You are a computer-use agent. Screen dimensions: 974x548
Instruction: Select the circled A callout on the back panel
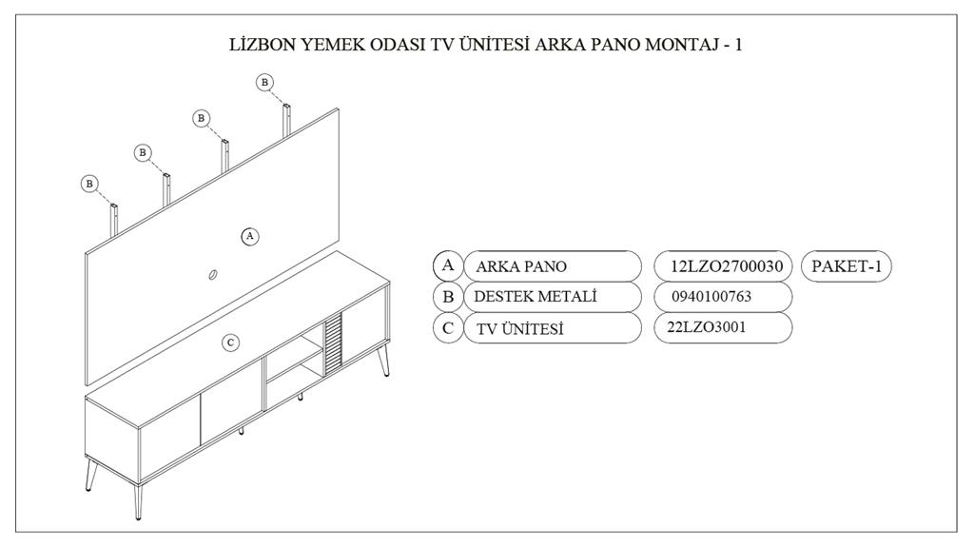click(x=250, y=236)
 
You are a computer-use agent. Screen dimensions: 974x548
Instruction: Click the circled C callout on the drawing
click(x=230, y=342)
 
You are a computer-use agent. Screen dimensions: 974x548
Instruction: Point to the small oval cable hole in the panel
click(x=212, y=274)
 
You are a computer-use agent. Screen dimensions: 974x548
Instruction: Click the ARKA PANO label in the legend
click(x=521, y=266)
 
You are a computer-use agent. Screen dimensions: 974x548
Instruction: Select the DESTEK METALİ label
click(x=535, y=297)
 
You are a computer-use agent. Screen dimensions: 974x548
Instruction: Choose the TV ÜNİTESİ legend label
click(x=520, y=328)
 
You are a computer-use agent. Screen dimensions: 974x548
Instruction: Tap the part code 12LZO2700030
click(x=726, y=266)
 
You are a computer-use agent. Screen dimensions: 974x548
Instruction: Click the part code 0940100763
click(x=711, y=297)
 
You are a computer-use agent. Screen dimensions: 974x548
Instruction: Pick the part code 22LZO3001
click(x=707, y=327)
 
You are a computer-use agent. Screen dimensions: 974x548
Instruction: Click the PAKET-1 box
click(x=846, y=266)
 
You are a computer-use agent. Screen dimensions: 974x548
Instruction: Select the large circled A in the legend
click(x=448, y=266)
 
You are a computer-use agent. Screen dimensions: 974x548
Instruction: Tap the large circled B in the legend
click(x=448, y=297)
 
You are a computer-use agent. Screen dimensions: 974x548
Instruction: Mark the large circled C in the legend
click(x=448, y=328)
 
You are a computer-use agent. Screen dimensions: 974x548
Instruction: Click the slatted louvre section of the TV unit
click(x=333, y=343)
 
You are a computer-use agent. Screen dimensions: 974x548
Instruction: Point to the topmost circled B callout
click(x=264, y=82)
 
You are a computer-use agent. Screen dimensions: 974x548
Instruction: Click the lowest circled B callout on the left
click(x=89, y=184)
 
